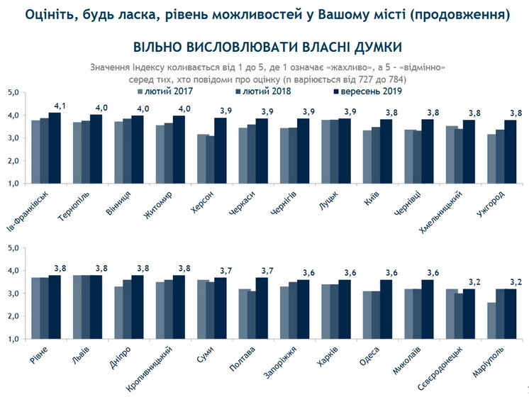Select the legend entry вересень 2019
click(x=360, y=91)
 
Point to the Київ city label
click(x=382, y=199)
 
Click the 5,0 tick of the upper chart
click(x=14, y=93)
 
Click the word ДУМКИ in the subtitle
click(x=372, y=47)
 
